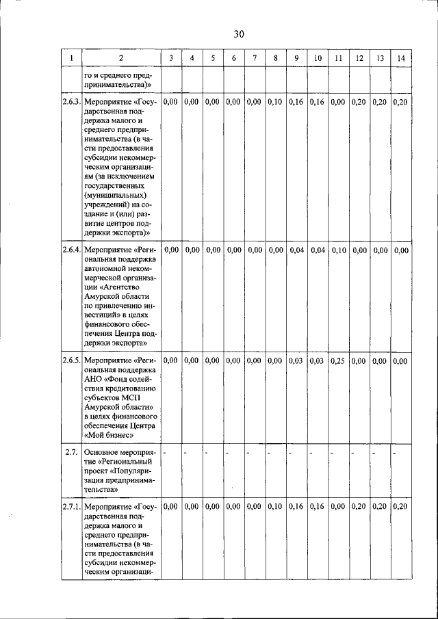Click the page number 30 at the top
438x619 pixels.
(238, 34)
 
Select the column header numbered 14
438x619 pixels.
(401, 58)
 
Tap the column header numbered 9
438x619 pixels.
(296, 58)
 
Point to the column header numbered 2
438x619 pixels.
(121, 58)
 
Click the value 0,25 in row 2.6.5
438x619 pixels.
(338, 360)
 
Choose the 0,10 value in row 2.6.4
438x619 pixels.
(338, 250)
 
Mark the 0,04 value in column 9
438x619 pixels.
(296, 250)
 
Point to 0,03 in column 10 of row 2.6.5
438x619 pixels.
(317, 360)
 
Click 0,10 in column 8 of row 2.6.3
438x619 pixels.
(275, 102)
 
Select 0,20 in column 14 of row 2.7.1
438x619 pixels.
(401, 506)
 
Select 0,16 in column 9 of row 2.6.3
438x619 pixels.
(296, 102)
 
